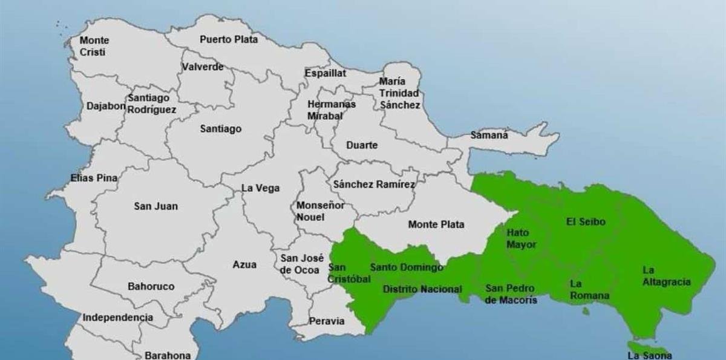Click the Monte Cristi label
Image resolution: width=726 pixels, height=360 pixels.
click(x=94, y=46)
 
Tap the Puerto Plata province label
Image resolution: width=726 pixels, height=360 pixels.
click(x=229, y=39)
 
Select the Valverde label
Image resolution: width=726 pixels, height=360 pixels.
click(x=203, y=67)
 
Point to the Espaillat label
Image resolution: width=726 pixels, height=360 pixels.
click(x=325, y=73)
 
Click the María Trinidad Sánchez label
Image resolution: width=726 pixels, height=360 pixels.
click(x=399, y=93)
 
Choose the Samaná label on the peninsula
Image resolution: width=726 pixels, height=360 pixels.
click(x=489, y=135)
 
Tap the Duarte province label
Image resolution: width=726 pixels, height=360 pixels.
click(x=362, y=145)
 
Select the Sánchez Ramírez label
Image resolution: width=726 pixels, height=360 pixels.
click(x=374, y=184)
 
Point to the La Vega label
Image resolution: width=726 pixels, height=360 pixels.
click(x=261, y=188)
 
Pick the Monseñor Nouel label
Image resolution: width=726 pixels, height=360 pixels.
click(x=320, y=211)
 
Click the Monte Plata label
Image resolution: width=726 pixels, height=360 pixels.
click(x=436, y=224)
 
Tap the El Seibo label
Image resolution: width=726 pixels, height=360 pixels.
click(x=585, y=221)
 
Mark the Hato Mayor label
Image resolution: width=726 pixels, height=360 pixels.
click(x=521, y=238)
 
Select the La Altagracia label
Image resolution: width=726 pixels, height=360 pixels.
click(x=666, y=276)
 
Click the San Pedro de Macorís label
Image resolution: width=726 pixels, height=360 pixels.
click(x=511, y=293)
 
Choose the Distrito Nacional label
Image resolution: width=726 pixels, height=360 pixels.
click(x=422, y=289)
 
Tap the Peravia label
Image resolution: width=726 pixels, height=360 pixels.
click(x=326, y=321)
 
